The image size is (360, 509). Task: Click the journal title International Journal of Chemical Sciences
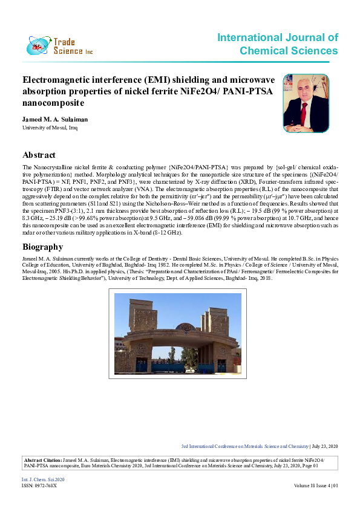pyautogui.click(x=278, y=44)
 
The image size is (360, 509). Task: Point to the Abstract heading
pyautogui.click(x=39, y=155)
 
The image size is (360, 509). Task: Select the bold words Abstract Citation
pyautogui.click(x=42, y=460)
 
